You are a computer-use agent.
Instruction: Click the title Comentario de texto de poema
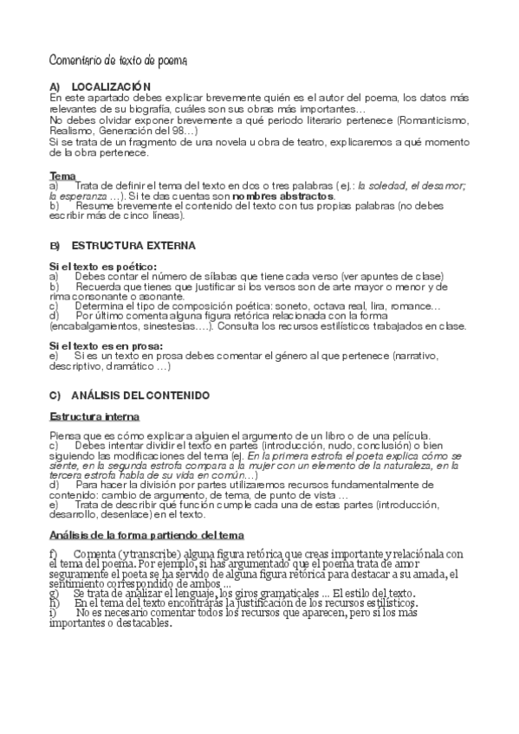coord(117,60)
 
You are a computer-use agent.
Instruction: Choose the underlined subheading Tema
coord(62,176)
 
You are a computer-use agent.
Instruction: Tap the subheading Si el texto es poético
coord(103,266)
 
